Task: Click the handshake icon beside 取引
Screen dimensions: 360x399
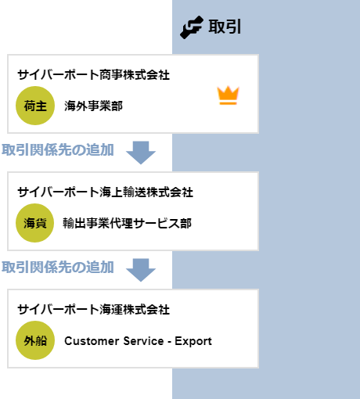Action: pos(192,27)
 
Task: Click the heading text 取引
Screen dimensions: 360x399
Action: pos(225,27)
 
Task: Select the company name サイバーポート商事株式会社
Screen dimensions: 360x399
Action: pos(94,75)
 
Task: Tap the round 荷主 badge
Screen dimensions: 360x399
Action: pos(35,106)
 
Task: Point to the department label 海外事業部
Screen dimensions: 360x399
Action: pos(93,106)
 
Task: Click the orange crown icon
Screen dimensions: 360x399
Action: pos(229,95)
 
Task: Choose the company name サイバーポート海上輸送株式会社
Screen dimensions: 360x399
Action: pos(106,192)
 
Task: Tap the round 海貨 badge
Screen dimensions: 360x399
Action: pos(35,223)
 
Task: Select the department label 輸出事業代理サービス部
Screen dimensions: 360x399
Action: pos(128,223)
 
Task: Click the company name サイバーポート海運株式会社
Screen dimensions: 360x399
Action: pos(94,310)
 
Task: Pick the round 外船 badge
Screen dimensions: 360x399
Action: pos(35,340)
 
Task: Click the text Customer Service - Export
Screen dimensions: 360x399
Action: pos(138,341)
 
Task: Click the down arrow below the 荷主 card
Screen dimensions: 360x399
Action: pos(141,153)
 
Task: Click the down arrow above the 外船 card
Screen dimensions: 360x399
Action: pos(141,270)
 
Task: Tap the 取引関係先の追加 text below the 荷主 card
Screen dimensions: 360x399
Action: pos(58,150)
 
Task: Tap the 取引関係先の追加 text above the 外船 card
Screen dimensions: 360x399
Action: pos(58,268)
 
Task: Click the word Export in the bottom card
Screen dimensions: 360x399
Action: pos(193,341)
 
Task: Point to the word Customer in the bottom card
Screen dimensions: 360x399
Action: pos(92,341)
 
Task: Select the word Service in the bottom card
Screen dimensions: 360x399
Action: pos(143,341)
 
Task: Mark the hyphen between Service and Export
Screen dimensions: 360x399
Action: pos(169,342)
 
